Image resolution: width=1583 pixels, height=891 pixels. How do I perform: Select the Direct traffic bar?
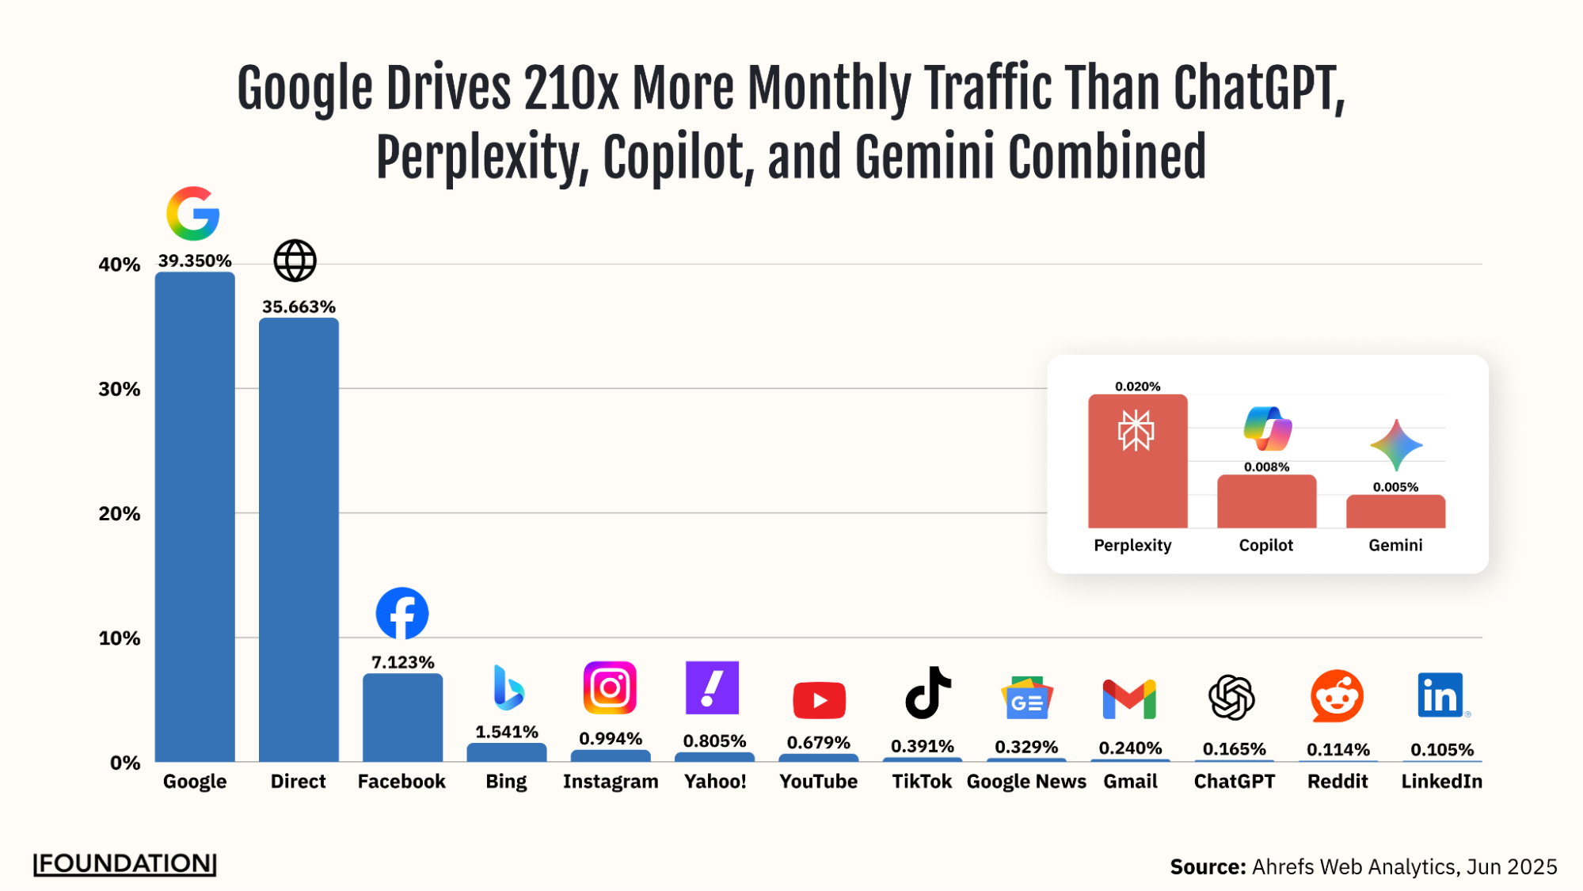pyautogui.click(x=299, y=539)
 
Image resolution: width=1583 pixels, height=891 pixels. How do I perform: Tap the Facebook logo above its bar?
pyautogui.click(x=402, y=613)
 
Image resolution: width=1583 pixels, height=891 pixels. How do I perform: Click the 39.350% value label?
pyautogui.click(x=195, y=261)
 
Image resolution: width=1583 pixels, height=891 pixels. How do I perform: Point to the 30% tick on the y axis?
pyautogui.click(x=120, y=389)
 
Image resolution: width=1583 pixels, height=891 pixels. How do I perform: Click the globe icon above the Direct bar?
pyautogui.click(x=295, y=261)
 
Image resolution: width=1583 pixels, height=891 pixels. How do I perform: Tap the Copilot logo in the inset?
pyautogui.click(x=1267, y=429)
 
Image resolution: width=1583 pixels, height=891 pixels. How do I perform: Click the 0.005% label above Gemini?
pyautogui.click(x=1395, y=487)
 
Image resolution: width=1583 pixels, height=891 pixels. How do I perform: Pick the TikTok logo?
pyautogui.click(x=927, y=693)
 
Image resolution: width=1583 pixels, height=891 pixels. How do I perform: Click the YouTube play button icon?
pyautogui.click(x=819, y=700)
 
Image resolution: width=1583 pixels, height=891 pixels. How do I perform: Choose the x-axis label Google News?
pyautogui.click(x=1026, y=782)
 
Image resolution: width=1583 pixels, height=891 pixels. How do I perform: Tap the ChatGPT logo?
pyautogui.click(x=1231, y=697)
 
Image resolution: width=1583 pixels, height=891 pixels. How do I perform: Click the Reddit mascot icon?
pyautogui.click(x=1337, y=696)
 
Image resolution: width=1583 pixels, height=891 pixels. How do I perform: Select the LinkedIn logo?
pyautogui.click(x=1440, y=695)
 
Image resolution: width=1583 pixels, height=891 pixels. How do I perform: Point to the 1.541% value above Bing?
pyautogui.click(x=506, y=732)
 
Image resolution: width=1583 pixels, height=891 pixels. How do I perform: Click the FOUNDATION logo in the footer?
pyautogui.click(x=124, y=863)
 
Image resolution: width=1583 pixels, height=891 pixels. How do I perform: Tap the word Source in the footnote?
pyautogui.click(x=1208, y=866)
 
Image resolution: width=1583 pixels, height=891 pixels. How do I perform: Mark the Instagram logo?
pyautogui.click(x=610, y=687)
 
